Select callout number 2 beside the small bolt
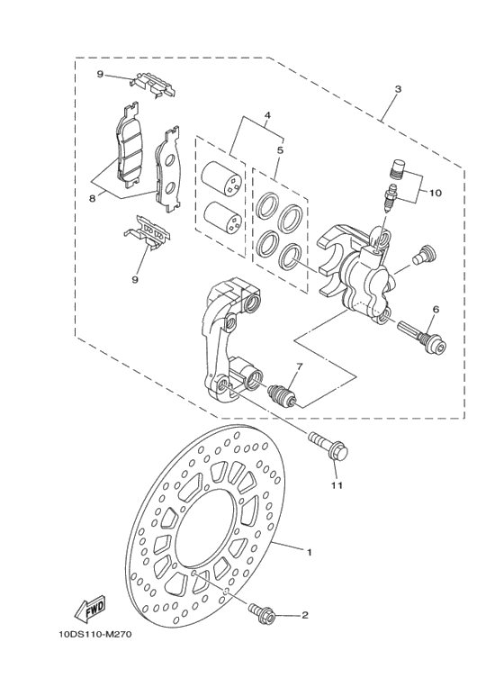point(304,616)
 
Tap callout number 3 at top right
point(398,90)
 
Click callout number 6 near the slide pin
point(435,310)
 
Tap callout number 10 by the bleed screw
point(436,194)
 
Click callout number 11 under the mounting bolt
point(337,487)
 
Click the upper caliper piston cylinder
point(221,176)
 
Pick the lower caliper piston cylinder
point(221,217)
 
